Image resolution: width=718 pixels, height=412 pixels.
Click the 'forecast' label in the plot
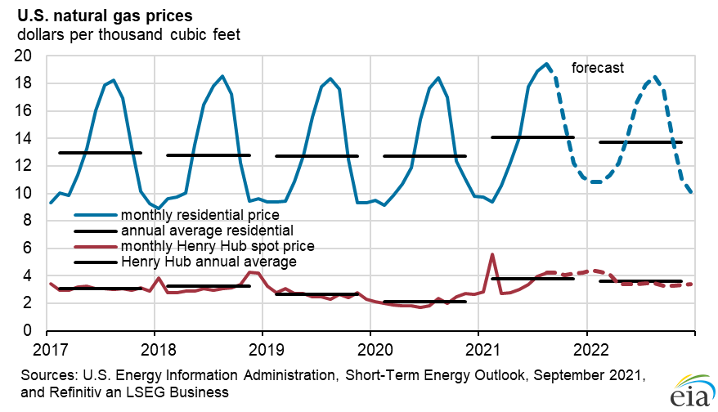pyautogui.click(x=598, y=68)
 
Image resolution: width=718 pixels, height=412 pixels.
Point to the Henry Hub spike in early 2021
pyautogui.click(x=491, y=254)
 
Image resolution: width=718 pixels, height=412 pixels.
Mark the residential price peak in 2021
pyautogui.click(x=546, y=64)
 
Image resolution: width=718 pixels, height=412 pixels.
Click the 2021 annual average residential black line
pyautogui.click(x=532, y=137)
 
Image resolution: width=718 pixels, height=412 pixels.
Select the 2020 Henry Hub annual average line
pyautogui.click(x=424, y=302)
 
